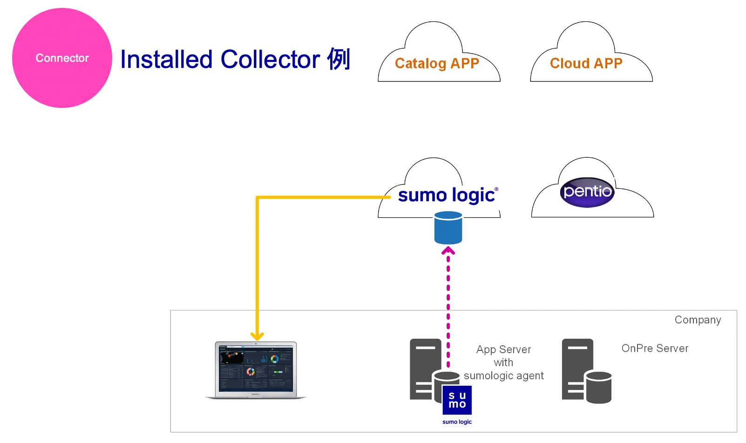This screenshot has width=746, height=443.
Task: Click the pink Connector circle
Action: (x=62, y=58)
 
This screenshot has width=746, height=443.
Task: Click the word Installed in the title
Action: (x=166, y=60)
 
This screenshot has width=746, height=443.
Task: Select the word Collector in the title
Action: (x=270, y=60)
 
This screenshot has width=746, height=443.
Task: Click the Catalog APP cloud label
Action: (x=437, y=63)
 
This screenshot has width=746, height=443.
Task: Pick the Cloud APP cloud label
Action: (x=586, y=63)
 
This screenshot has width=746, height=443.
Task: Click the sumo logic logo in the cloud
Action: (x=446, y=195)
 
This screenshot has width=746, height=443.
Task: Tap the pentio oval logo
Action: (x=587, y=192)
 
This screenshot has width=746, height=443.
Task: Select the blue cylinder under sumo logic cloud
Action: (x=448, y=228)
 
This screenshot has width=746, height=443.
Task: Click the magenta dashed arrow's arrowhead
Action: (x=448, y=251)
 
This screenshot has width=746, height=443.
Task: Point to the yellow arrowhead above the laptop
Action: (x=257, y=336)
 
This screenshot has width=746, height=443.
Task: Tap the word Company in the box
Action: (x=697, y=320)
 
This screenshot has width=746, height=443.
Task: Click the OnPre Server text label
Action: (x=654, y=348)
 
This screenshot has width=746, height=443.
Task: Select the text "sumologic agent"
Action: (x=503, y=376)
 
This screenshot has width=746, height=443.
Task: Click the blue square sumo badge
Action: (x=457, y=400)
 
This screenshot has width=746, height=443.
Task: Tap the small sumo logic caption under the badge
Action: (x=457, y=422)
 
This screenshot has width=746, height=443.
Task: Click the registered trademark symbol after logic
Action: (x=496, y=189)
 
